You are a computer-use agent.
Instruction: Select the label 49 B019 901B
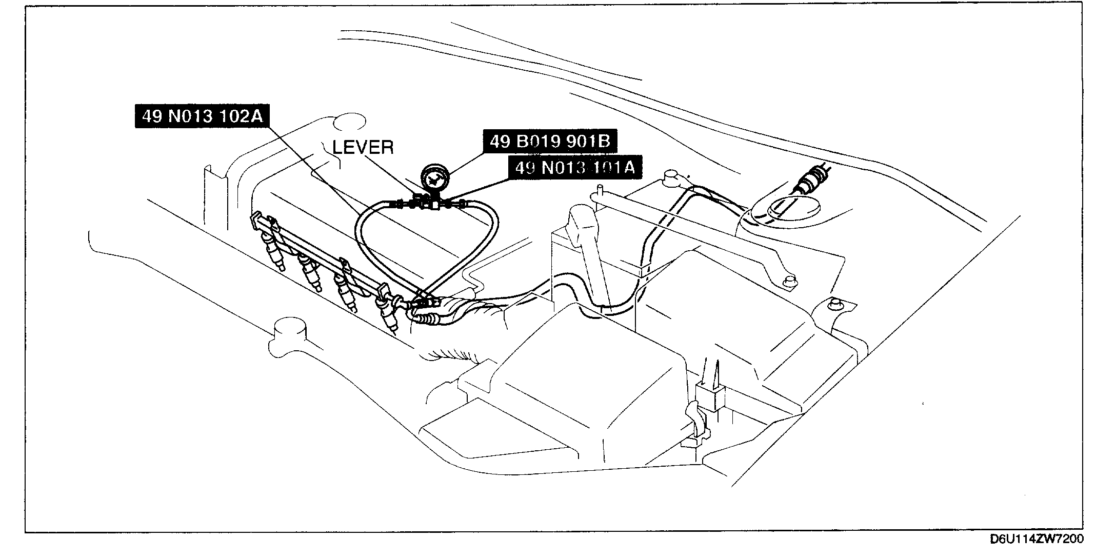click(549, 141)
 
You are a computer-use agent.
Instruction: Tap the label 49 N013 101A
click(574, 168)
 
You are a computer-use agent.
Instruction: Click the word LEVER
click(363, 148)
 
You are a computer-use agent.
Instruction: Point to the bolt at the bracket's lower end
click(790, 281)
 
